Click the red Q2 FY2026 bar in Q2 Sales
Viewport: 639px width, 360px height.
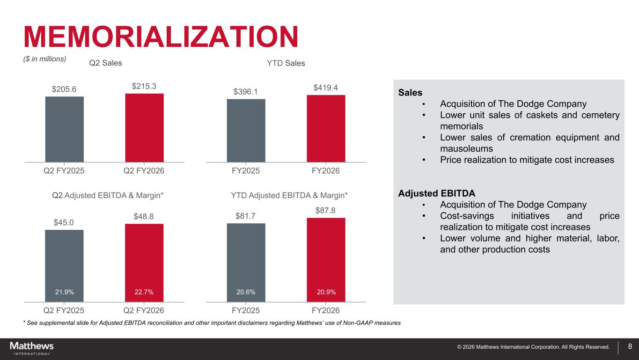pos(144,128)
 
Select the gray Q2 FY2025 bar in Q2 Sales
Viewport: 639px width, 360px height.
pos(65,129)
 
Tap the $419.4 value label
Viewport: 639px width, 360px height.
pos(325,88)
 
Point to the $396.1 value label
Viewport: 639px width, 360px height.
pos(246,92)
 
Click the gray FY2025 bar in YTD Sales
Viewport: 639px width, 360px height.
pos(246,131)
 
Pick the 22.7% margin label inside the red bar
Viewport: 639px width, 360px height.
pos(144,292)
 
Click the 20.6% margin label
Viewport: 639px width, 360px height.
pos(246,292)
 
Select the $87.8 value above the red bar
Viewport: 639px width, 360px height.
pos(325,211)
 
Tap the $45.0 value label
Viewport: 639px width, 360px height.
pos(64,222)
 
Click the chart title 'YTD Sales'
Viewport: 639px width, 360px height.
pos(286,63)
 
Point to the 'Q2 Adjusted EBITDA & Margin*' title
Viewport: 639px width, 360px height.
pos(108,195)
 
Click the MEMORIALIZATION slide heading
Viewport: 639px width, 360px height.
pos(161,37)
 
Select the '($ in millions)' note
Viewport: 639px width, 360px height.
pos(45,59)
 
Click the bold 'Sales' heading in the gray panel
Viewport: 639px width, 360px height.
pos(410,93)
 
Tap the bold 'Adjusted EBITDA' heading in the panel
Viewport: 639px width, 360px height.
pos(437,193)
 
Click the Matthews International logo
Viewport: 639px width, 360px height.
pos(32,348)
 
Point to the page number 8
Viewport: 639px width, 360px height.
pos(630,346)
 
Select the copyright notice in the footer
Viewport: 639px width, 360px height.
pos(533,347)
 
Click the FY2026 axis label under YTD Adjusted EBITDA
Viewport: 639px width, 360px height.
pos(326,310)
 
